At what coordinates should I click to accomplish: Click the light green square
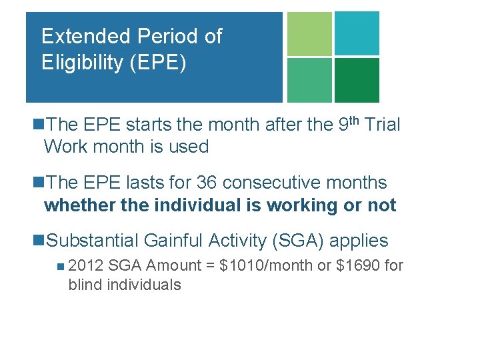pos(309,33)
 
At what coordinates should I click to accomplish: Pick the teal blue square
pos(357,33)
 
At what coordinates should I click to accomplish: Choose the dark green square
pos(357,80)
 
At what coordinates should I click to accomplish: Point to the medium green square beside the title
pos(309,80)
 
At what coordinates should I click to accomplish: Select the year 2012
pos(86,266)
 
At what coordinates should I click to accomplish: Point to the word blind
pos(85,285)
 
